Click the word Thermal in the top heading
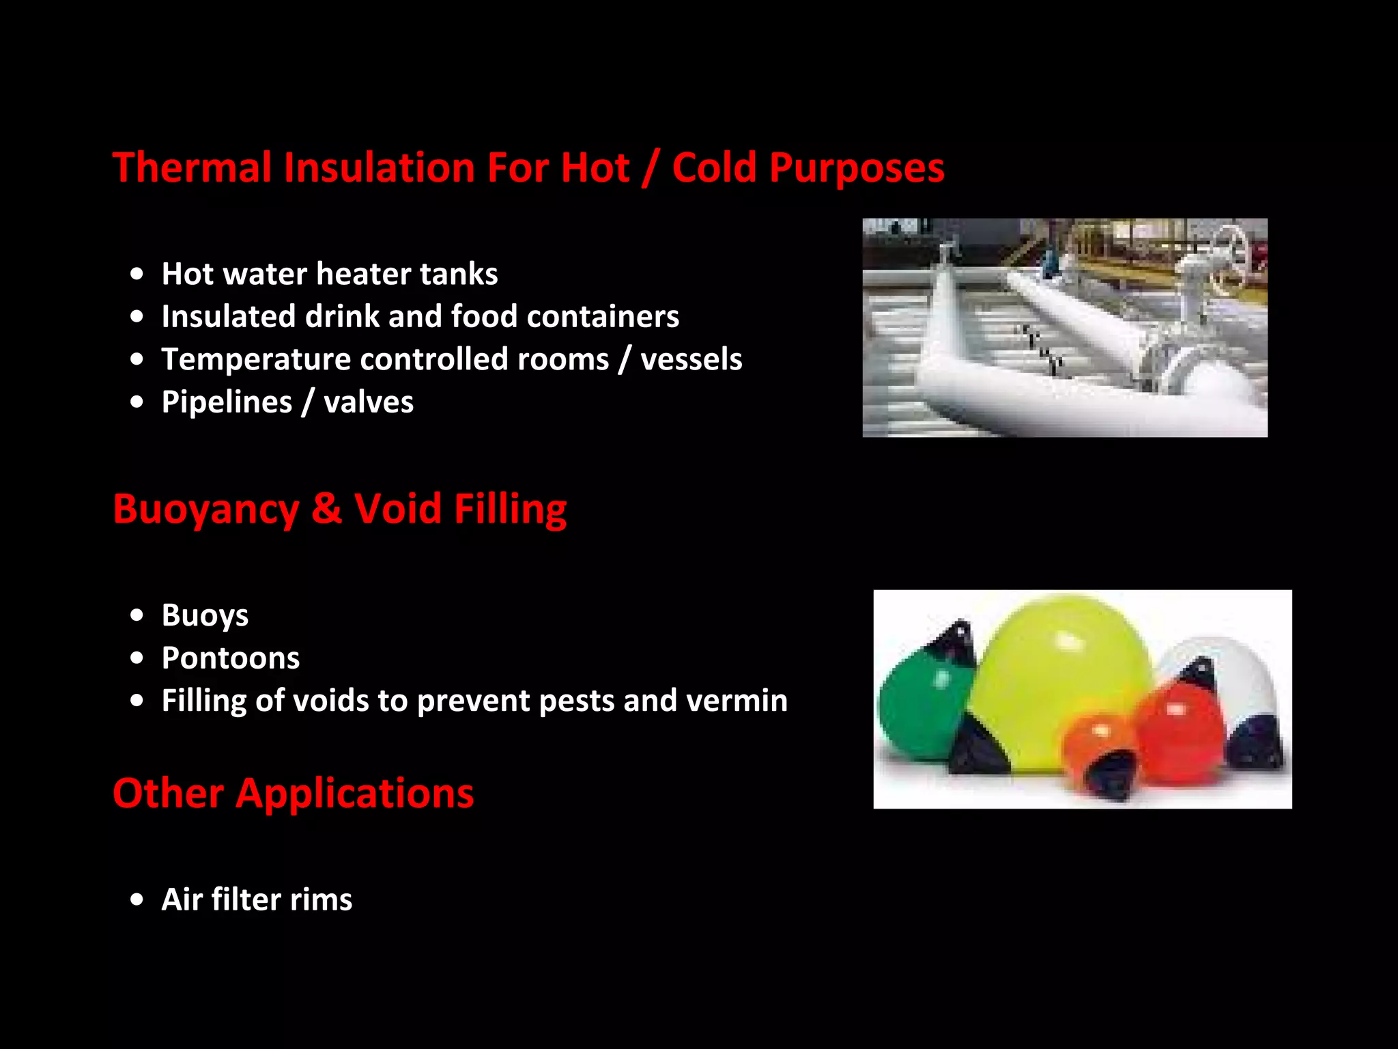[x=192, y=167]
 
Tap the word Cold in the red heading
[x=714, y=167]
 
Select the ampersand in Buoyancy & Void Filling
[x=326, y=509]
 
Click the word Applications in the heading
[x=354, y=794]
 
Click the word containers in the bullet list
[x=603, y=316]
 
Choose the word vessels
[x=691, y=359]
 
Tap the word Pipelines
[x=227, y=402]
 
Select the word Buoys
[x=205, y=615]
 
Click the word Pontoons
[x=231, y=658]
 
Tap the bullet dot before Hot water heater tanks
[x=137, y=274]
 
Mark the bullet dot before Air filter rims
[x=137, y=899]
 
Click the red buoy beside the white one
[x=1178, y=731]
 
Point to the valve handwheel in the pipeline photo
[x=1229, y=256]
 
